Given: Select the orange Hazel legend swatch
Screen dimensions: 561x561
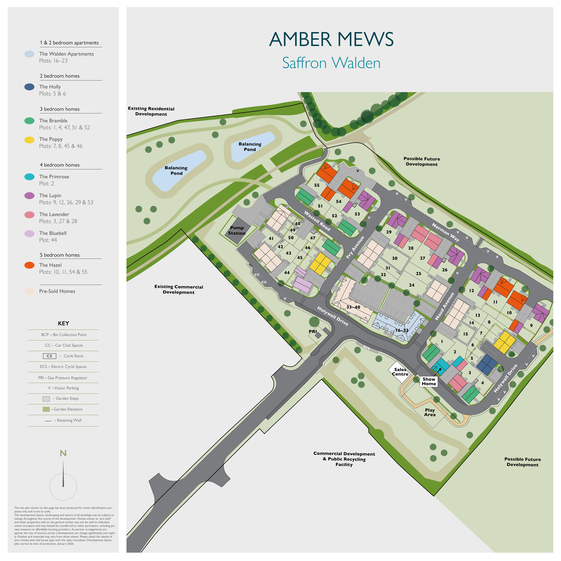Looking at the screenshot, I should point(29,265).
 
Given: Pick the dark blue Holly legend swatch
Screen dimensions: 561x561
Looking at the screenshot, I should point(29,87).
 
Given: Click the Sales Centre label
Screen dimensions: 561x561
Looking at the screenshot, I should point(400,372).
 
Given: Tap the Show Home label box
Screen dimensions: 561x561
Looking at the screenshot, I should point(429,381).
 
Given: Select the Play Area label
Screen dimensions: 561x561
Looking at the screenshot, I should point(430,412).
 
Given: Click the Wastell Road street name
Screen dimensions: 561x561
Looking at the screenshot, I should point(317,221).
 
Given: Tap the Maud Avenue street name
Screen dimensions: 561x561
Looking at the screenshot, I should point(444,306).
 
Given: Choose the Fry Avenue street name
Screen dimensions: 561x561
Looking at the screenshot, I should point(355,247).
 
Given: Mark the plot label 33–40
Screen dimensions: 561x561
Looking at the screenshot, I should point(353,307).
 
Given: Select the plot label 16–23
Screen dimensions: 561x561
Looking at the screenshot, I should point(402,330).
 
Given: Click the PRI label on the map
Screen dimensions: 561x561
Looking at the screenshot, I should point(313,331).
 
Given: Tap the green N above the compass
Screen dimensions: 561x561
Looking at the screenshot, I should point(63,453).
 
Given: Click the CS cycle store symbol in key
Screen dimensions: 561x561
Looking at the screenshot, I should point(49,356).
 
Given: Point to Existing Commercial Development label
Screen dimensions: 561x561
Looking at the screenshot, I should point(179,290).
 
